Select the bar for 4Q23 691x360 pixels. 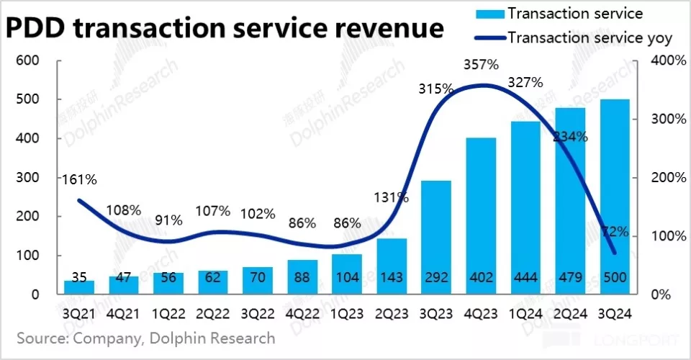pyautogui.click(x=482, y=216)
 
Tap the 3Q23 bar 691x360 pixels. pyautogui.click(x=437, y=238)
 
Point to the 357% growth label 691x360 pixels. pyautogui.click(x=481, y=65)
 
